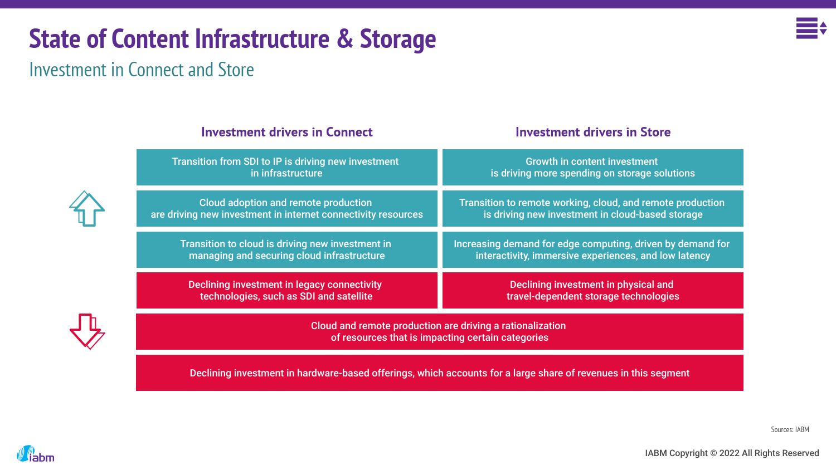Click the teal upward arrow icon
pos(87,209)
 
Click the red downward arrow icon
pos(87,331)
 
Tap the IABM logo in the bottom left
pos(36,454)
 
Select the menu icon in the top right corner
pos(810,28)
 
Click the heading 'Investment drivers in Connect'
pos(286,132)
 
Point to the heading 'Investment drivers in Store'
pos(592,132)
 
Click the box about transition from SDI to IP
pos(286,167)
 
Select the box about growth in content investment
pos(592,167)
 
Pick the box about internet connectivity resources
pos(286,208)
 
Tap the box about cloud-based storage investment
pos(592,208)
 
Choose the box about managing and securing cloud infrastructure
pos(286,249)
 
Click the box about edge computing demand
pos(592,249)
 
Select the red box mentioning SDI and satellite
pos(286,290)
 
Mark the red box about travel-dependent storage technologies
pos(592,290)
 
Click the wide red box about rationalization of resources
pos(439,331)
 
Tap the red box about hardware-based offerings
pos(439,373)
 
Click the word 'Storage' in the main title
pos(397,39)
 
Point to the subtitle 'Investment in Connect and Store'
pos(142,70)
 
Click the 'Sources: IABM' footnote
pos(790,429)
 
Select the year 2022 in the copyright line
pos(729,453)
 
